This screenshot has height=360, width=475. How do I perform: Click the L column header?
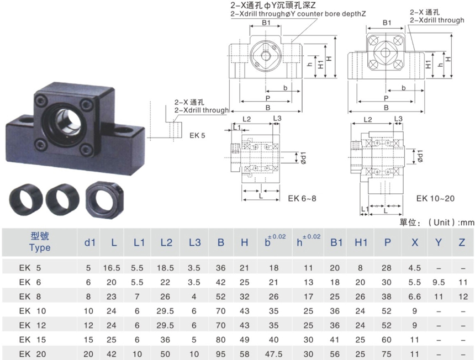click(114, 242)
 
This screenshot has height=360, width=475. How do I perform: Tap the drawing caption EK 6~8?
click(302, 198)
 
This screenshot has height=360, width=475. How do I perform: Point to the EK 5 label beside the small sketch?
click(198, 134)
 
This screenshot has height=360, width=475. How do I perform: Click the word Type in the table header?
click(40, 247)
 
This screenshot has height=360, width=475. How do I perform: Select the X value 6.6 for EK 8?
click(414, 296)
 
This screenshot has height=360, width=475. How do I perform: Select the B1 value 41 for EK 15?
click(335, 340)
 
